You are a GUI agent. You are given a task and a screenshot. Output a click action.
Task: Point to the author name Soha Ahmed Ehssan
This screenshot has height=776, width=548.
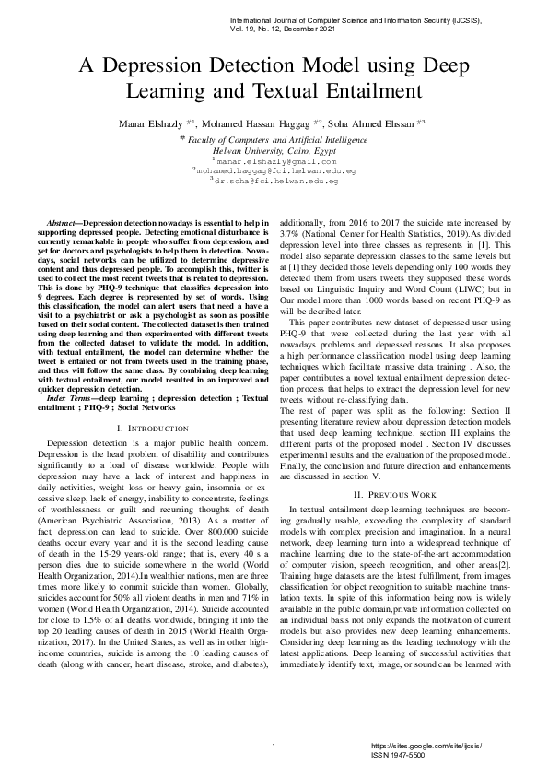(x=368, y=123)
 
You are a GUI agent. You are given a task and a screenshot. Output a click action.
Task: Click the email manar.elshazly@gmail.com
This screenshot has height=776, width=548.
(x=274, y=160)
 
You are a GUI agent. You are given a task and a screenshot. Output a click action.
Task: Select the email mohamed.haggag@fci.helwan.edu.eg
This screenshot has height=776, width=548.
(x=275, y=170)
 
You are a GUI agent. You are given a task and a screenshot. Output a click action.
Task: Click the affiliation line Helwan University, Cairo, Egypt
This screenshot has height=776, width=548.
(x=274, y=148)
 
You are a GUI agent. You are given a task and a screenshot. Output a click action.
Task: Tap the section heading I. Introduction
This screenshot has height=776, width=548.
(x=160, y=429)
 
